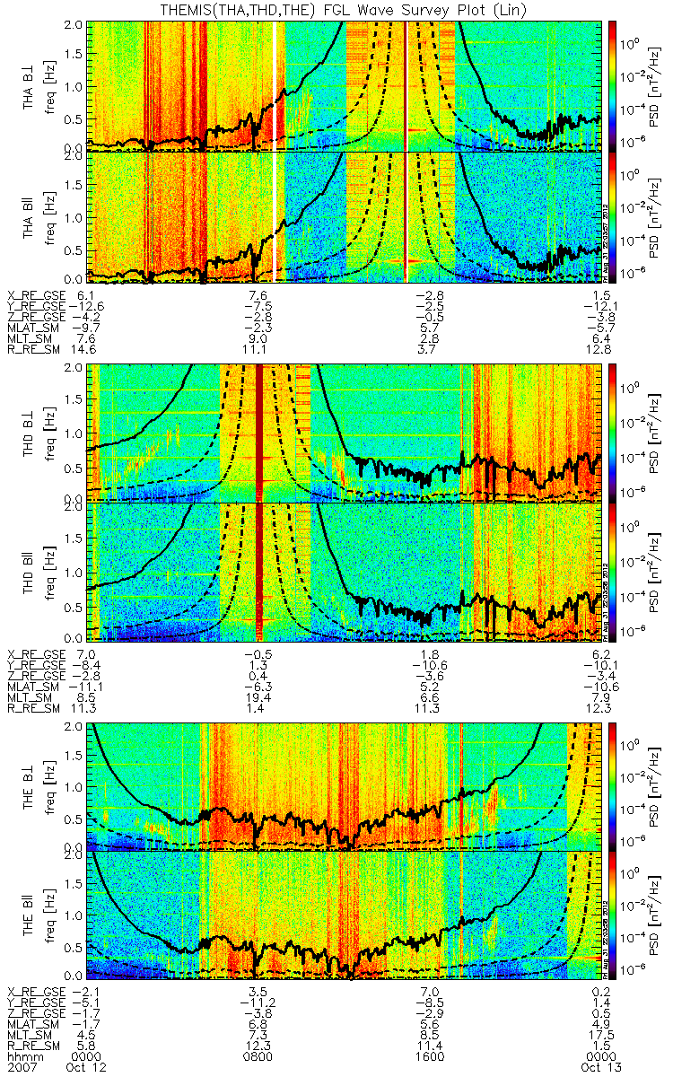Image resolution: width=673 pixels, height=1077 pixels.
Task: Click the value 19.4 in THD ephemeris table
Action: tap(262, 693)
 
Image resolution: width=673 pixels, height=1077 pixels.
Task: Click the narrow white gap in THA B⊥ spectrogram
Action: tap(275, 81)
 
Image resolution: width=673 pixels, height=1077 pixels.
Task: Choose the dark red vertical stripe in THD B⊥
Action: tap(260, 431)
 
